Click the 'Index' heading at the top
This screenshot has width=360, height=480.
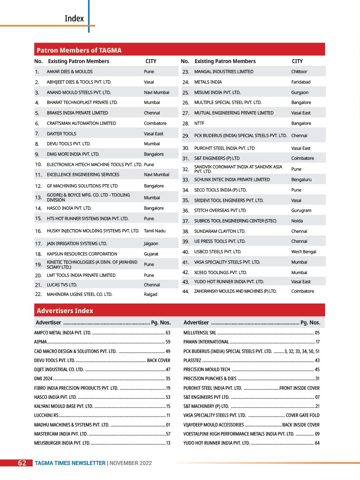(74, 19)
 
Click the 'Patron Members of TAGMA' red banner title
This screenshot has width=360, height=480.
(79, 50)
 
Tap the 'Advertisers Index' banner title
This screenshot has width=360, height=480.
(65, 311)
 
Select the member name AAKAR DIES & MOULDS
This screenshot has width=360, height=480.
(70, 72)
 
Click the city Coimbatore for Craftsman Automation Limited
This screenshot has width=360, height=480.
(155, 123)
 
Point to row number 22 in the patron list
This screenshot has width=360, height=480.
(38, 294)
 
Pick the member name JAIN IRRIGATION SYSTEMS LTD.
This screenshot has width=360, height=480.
(77, 244)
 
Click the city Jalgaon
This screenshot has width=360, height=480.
(151, 244)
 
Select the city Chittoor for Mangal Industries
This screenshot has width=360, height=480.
(299, 72)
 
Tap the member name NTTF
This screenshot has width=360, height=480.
(199, 123)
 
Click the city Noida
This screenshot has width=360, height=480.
(297, 221)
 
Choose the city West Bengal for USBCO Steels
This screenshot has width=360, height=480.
(303, 252)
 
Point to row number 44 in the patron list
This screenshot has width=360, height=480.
(185, 291)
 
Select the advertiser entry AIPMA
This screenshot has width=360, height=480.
(40, 342)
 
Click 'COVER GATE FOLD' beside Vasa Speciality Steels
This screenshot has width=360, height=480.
(302, 415)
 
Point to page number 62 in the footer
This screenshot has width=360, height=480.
(21, 463)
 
